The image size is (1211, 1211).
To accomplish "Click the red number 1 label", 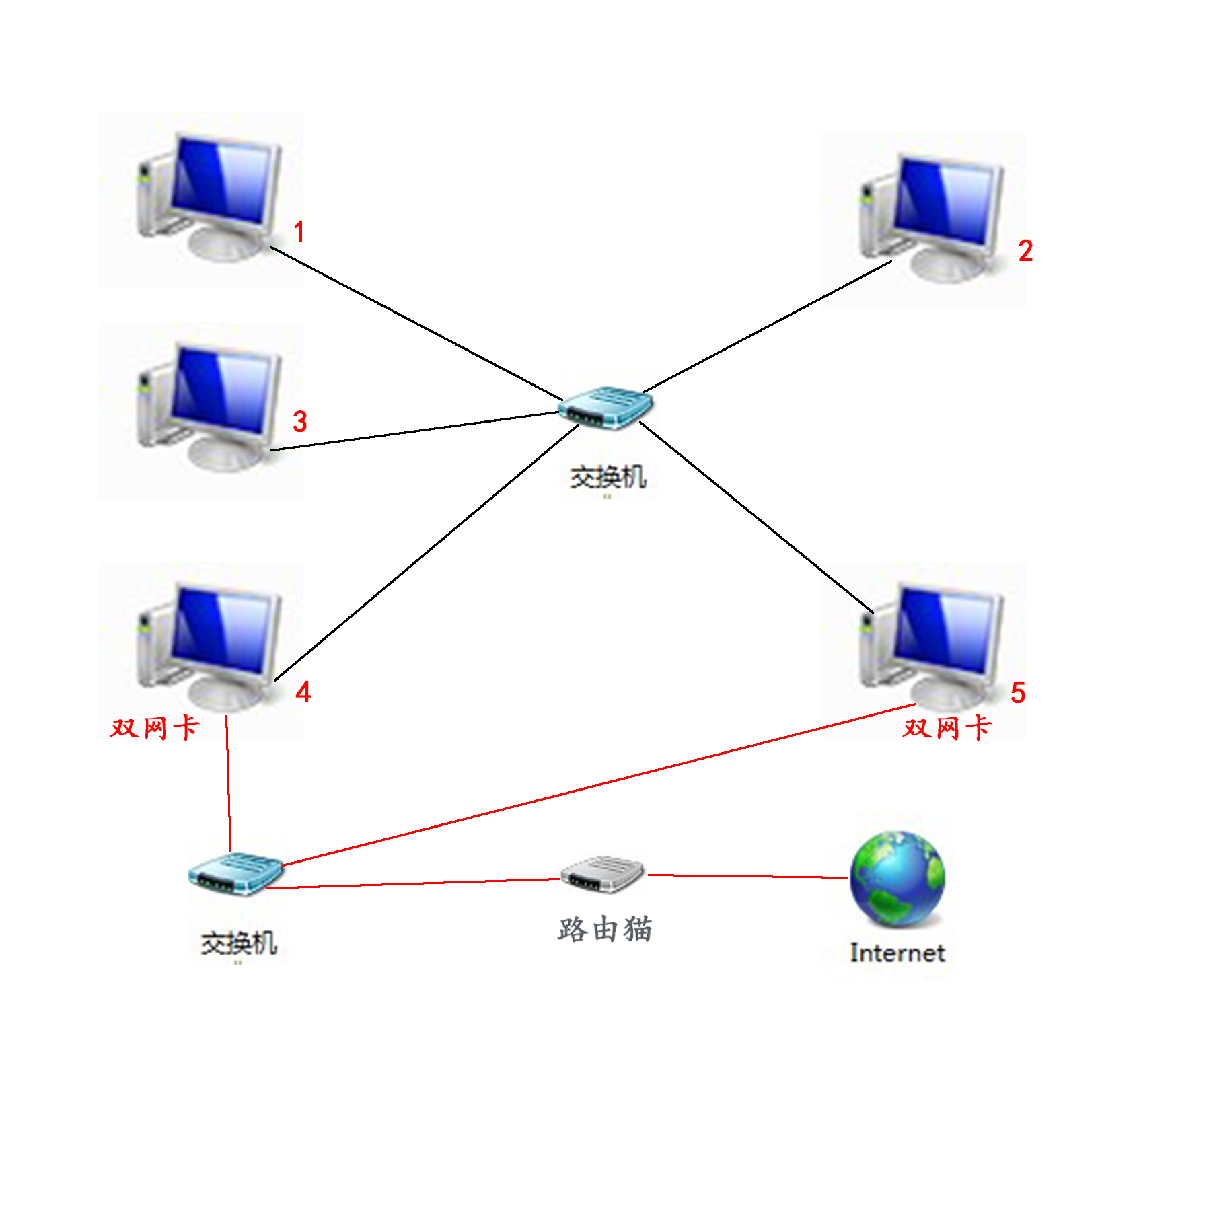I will coord(299,233).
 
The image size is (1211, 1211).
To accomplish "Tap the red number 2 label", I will coord(1025,251).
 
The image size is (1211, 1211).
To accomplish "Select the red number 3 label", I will coord(299,422).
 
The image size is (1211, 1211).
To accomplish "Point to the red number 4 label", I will coord(303,692).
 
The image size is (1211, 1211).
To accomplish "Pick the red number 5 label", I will coord(1017,693).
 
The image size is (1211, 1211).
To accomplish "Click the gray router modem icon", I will coord(603,875).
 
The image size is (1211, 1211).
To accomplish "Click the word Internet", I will coord(897,953).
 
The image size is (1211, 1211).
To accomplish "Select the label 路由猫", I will coord(605,929).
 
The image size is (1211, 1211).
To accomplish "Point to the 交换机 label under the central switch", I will coord(608,478).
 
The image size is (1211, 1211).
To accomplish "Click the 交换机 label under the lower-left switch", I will coord(238,943).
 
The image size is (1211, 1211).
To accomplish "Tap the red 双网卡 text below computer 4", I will coord(155,727).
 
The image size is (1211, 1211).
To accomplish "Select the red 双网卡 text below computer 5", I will coord(947,727).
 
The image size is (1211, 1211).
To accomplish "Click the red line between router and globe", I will coord(747,876).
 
